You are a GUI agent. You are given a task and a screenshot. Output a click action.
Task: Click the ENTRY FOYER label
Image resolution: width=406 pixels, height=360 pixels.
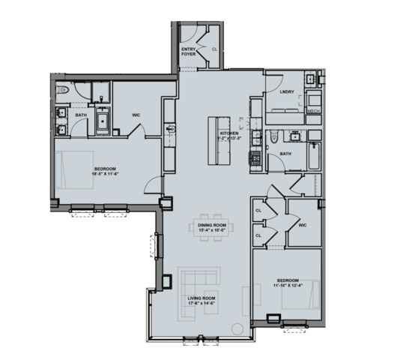click(x=189, y=52)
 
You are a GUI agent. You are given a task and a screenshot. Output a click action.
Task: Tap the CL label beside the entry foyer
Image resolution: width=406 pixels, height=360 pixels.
click(x=214, y=50)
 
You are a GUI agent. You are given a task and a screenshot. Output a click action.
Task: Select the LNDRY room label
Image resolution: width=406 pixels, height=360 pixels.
click(x=285, y=92)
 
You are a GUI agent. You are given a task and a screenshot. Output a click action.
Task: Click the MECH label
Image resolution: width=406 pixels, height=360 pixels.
click(x=315, y=111)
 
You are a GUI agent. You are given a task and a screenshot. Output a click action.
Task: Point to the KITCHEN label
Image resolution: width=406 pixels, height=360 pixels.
click(x=228, y=133)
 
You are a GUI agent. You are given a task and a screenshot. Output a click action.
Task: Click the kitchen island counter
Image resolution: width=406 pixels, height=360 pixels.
click(x=219, y=141)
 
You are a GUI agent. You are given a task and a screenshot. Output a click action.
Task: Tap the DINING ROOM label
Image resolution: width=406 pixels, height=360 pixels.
click(x=212, y=225)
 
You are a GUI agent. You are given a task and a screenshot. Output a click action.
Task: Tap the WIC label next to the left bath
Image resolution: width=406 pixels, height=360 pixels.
click(x=136, y=115)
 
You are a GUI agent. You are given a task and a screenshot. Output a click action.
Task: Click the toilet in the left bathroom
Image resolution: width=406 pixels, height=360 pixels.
click(x=64, y=91)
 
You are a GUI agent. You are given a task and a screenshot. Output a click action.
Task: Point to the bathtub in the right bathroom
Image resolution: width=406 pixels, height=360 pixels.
click(x=312, y=157)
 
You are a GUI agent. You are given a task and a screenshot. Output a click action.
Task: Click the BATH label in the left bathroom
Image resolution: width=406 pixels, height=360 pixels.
click(x=79, y=115)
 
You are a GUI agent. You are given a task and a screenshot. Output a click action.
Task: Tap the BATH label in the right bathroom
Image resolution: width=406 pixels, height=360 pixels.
click(x=285, y=154)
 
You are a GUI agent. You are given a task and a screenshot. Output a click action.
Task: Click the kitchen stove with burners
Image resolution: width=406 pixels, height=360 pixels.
click(x=255, y=158)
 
